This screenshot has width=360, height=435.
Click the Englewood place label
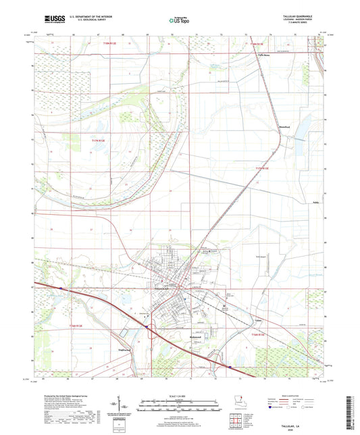[126, 350]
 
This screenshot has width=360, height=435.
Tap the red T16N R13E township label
[259, 336]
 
